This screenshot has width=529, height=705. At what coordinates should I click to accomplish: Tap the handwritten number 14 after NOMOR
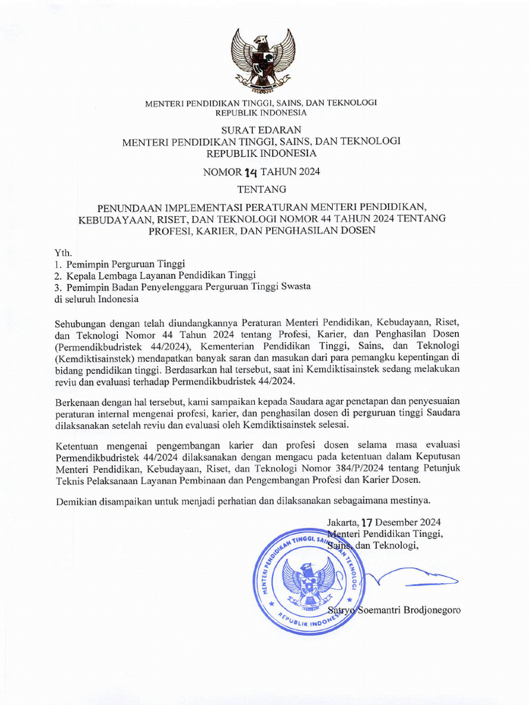(x=248, y=172)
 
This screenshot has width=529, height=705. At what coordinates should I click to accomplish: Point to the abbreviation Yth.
(x=63, y=253)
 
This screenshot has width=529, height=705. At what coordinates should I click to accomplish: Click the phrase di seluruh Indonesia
(x=96, y=299)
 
